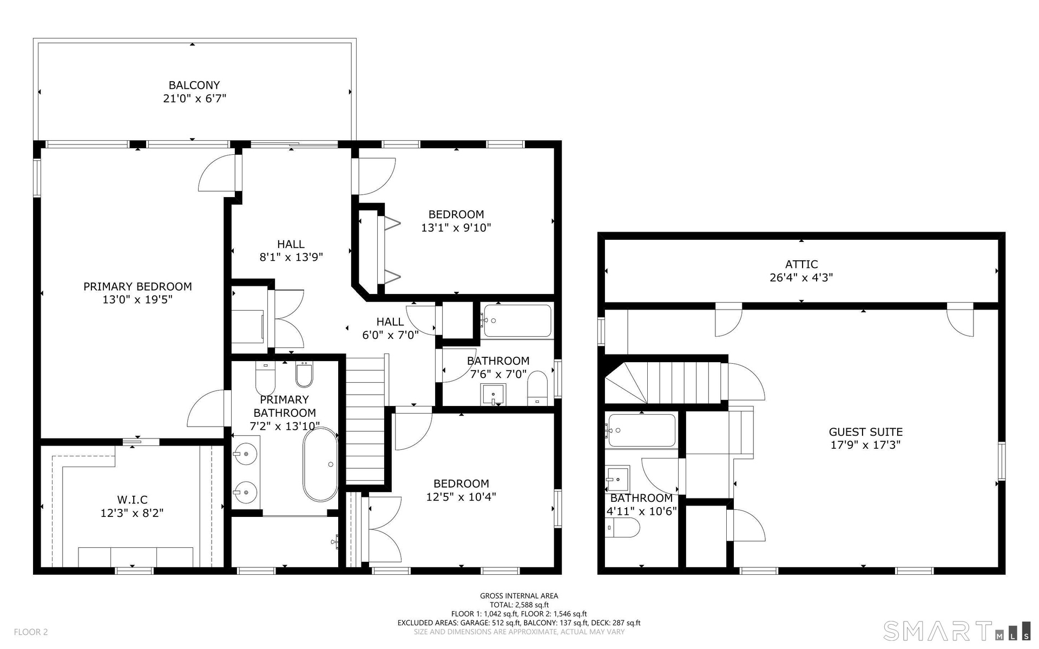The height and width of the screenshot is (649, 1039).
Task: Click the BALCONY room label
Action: pyautogui.click(x=194, y=85)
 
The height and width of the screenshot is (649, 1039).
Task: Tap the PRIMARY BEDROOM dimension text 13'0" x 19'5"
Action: pyautogui.click(x=137, y=299)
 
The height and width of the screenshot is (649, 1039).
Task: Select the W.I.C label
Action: pyautogui.click(x=132, y=500)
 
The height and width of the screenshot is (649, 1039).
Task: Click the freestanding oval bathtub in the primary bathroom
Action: pyautogui.click(x=320, y=464)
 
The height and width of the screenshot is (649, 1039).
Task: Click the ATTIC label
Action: pyautogui.click(x=801, y=264)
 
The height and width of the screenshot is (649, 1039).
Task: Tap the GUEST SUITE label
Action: pyautogui.click(x=866, y=432)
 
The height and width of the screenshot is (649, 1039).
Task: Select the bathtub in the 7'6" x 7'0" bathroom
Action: pyautogui.click(x=517, y=321)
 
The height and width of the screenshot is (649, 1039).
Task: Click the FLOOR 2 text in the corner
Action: pyautogui.click(x=31, y=632)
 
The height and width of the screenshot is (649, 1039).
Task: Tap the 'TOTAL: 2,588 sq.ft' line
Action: pyautogui.click(x=519, y=605)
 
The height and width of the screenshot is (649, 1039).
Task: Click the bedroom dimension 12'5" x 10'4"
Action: pyautogui.click(x=461, y=496)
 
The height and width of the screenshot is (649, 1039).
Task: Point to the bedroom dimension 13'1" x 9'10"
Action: pyautogui.click(x=456, y=227)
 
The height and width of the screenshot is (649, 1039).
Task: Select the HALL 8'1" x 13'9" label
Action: pyautogui.click(x=291, y=251)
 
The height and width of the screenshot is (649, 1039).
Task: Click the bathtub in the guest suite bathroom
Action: pyautogui.click(x=642, y=430)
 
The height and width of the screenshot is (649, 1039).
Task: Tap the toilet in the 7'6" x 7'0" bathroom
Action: pyautogui.click(x=537, y=388)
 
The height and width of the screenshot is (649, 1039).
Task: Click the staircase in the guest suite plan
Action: pyautogui.click(x=666, y=383)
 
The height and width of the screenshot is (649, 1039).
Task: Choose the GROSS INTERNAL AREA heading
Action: pyautogui.click(x=519, y=596)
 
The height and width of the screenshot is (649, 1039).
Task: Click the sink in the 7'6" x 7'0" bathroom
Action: pyautogui.click(x=494, y=394)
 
